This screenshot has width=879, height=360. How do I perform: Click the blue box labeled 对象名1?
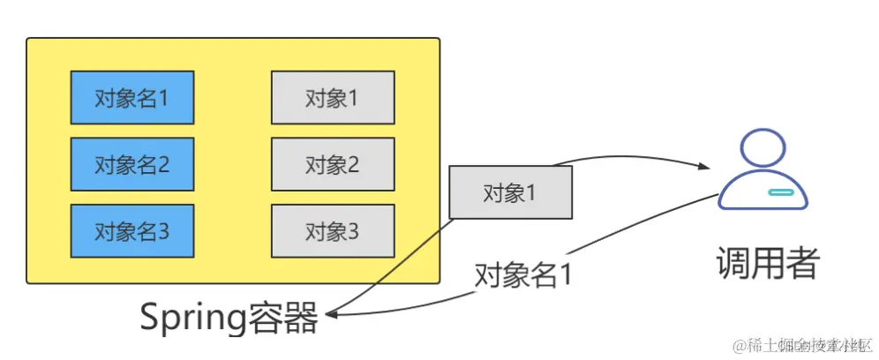[x=132, y=97]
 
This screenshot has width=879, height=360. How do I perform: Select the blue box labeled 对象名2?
[x=132, y=164]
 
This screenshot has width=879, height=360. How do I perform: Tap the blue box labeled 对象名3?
[x=132, y=231]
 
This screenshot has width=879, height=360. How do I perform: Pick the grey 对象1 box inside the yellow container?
[x=333, y=97]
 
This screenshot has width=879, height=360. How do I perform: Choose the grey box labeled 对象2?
[x=333, y=164]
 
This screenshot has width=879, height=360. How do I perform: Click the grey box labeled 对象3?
[x=333, y=231]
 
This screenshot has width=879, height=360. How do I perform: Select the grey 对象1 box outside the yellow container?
[x=510, y=192]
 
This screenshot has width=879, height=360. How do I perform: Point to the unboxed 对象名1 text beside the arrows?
[x=523, y=274]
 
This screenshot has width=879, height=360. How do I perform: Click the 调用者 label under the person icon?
[x=767, y=262]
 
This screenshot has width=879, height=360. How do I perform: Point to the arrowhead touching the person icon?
[x=706, y=168]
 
